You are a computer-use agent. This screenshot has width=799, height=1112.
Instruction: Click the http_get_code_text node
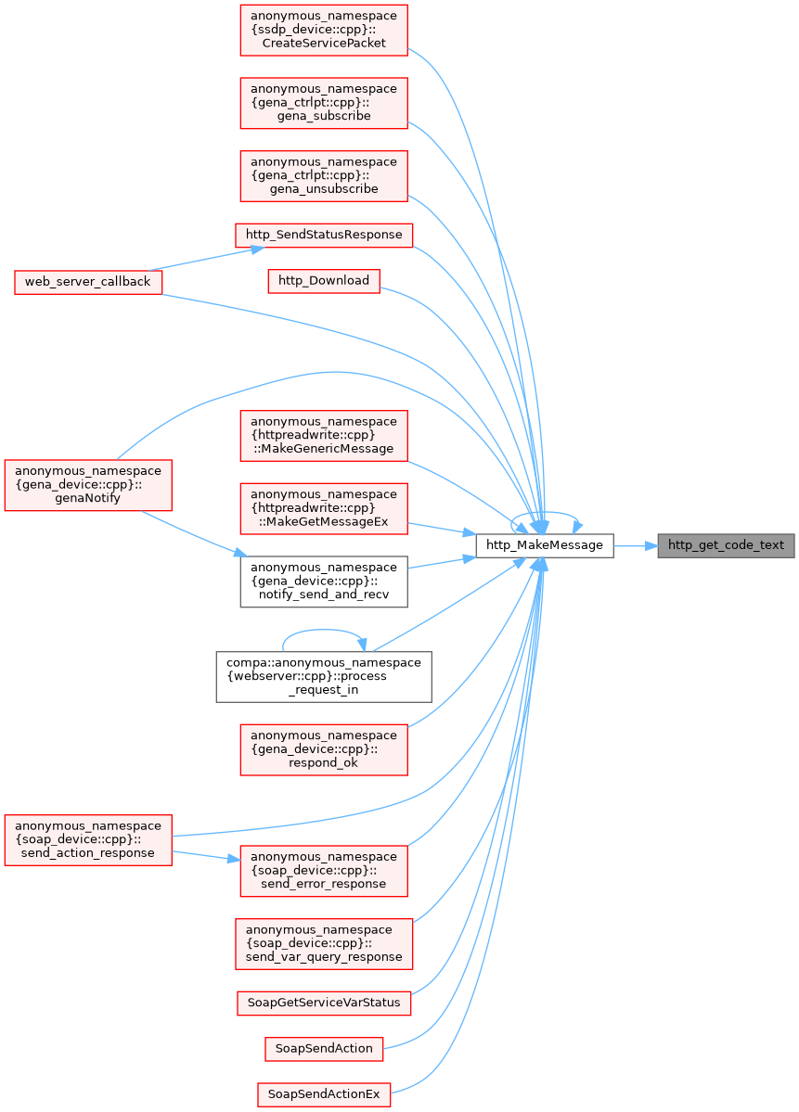(x=725, y=545)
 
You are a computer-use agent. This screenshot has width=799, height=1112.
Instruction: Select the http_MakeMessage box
(x=544, y=545)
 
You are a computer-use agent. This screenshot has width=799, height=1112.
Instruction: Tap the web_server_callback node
(x=88, y=282)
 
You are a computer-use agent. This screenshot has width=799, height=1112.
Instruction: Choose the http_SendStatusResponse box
(x=324, y=235)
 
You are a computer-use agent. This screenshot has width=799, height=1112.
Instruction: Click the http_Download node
(x=324, y=281)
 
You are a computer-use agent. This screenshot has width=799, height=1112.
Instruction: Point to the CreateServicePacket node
(x=324, y=30)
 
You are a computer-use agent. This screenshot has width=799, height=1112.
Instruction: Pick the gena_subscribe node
(x=324, y=103)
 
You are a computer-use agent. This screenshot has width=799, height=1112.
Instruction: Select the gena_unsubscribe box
(x=324, y=176)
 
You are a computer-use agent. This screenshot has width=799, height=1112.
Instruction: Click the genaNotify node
(x=88, y=485)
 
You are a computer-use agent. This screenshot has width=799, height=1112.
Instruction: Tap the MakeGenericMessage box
(x=324, y=436)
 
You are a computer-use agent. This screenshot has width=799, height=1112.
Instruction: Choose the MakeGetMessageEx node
(x=324, y=508)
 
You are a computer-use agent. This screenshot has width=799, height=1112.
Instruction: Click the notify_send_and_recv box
(x=324, y=582)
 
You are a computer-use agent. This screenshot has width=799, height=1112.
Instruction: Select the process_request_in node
(x=324, y=676)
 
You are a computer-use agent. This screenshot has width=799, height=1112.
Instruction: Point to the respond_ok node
(x=324, y=749)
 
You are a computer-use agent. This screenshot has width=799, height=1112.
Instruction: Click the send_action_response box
(x=88, y=839)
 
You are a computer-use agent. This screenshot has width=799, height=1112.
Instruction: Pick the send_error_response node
(x=324, y=871)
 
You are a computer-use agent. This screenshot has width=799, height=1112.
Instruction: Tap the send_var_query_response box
(x=324, y=944)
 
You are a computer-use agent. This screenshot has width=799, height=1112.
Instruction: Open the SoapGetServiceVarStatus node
(x=324, y=1003)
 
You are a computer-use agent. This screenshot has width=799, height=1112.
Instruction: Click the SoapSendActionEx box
(x=324, y=1094)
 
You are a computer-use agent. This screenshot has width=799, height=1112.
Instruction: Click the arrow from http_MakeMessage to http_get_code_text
(x=636, y=545)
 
